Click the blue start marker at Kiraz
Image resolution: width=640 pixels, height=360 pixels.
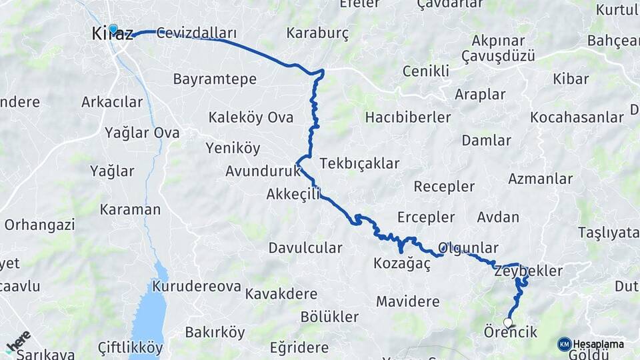point(113,29)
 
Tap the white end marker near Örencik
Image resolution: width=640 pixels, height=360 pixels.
point(508,323)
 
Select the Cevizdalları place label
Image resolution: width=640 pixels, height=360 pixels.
point(197,33)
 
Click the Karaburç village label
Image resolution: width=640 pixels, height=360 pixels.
point(317,33)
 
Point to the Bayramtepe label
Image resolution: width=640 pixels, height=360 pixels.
point(215,79)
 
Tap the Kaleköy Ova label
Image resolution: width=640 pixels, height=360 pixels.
point(251,118)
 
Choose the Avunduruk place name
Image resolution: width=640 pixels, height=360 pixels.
point(263,171)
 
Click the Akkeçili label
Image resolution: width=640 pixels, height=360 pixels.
point(293,194)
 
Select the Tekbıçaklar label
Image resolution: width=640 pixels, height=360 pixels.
point(359,163)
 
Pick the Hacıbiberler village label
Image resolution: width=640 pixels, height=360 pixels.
point(407,118)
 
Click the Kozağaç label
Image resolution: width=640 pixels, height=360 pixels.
point(402,264)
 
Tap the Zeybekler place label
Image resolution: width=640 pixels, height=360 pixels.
point(529,271)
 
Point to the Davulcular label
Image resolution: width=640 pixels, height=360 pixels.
point(305,248)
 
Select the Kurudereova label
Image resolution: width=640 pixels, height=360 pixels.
point(196,287)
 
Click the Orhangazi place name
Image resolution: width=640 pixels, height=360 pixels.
point(39,225)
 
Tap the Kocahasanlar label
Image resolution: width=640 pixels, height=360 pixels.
point(577,118)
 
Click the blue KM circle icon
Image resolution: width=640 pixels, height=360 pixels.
point(565,344)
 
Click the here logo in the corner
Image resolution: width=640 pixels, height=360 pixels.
point(18,341)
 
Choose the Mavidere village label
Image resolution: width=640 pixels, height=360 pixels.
point(407,301)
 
